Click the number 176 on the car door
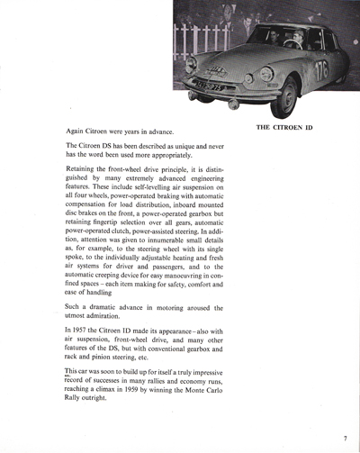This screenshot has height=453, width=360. (x=321, y=70)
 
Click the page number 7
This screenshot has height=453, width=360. (x=345, y=439)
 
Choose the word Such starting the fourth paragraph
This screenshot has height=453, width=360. (x=75, y=305)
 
